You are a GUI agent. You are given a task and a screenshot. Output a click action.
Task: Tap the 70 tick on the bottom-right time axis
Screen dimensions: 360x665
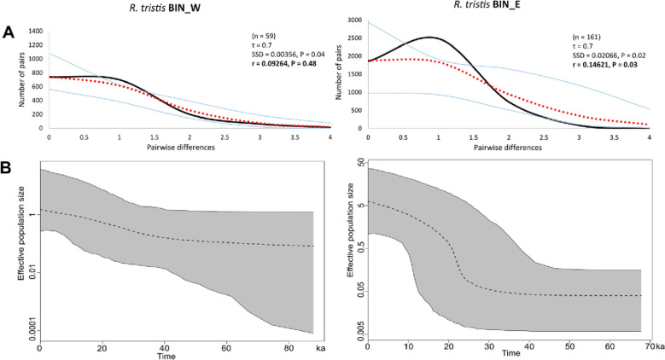click(x=647, y=349)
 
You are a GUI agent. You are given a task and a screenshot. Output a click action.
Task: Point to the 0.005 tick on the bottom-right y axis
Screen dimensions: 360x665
click(x=356, y=328)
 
